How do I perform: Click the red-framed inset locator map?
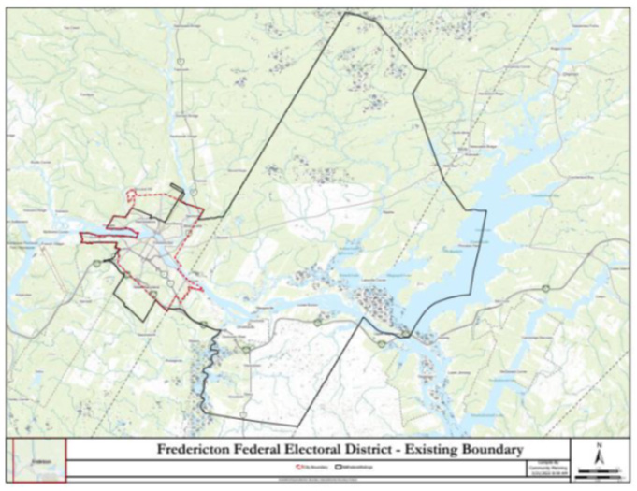(38, 461)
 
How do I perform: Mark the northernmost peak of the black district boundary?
(347, 12)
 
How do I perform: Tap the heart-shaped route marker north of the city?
(179, 62)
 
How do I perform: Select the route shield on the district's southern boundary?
(242, 411)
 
